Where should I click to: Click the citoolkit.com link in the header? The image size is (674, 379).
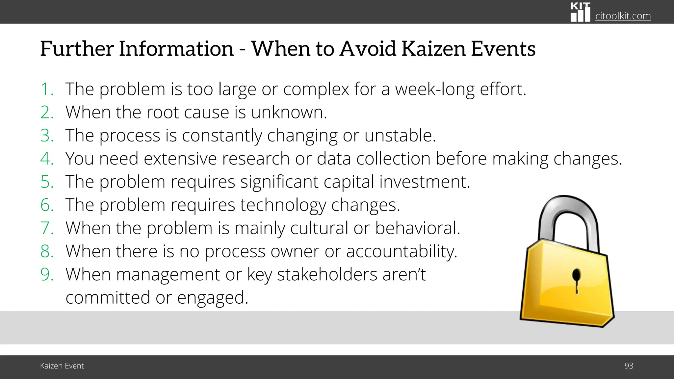point(623,16)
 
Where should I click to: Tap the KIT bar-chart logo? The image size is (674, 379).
point(580,13)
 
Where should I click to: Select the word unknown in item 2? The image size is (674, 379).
point(289,113)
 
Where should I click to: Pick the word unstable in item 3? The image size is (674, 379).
point(400,136)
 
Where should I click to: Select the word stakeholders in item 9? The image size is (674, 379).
point(327,275)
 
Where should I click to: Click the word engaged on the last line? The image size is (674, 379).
point(212,298)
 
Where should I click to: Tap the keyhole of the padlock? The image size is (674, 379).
point(576,279)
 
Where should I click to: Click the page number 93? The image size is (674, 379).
point(629,366)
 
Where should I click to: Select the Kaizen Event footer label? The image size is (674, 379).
point(62,366)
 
